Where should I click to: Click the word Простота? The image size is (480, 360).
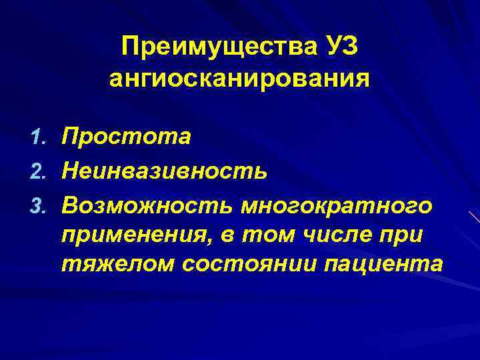click(x=126, y=137)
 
